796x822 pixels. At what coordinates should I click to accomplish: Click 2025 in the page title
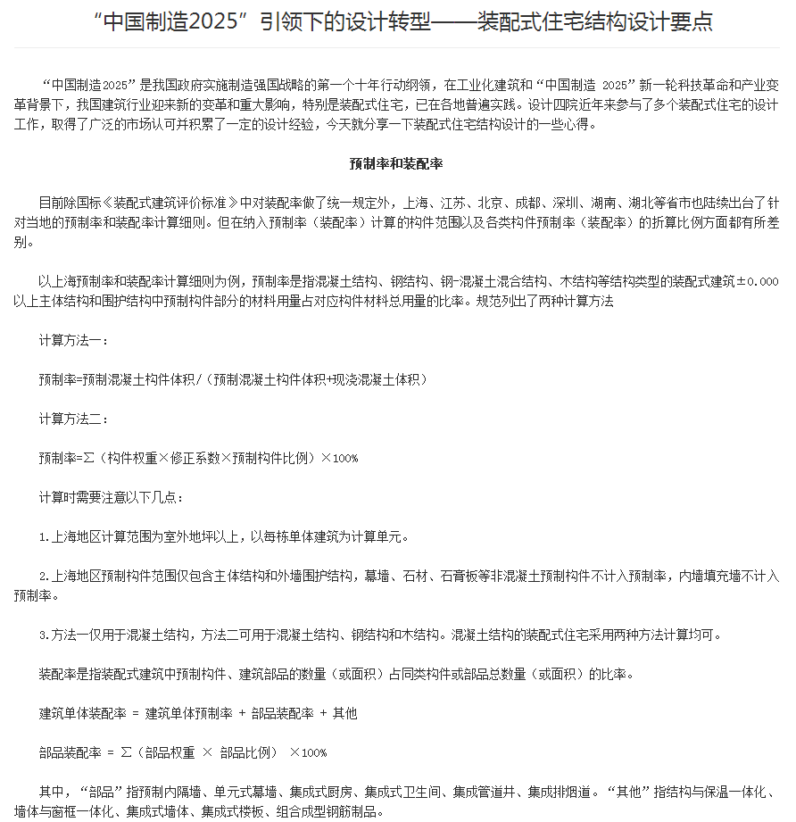tap(202, 22)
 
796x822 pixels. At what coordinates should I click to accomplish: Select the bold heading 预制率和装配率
tap(397, 164)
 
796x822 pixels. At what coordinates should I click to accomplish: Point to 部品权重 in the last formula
tap(167, 752)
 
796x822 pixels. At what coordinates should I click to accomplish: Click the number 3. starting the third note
tap(44, 635)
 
